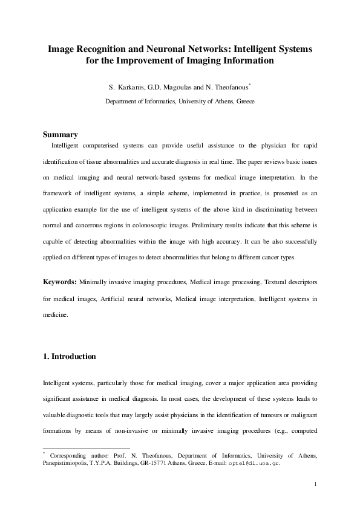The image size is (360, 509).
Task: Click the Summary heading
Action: tap(61, 134)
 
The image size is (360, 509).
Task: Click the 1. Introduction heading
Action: tap(70, 357)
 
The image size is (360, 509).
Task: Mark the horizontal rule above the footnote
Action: tap(69, 449)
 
